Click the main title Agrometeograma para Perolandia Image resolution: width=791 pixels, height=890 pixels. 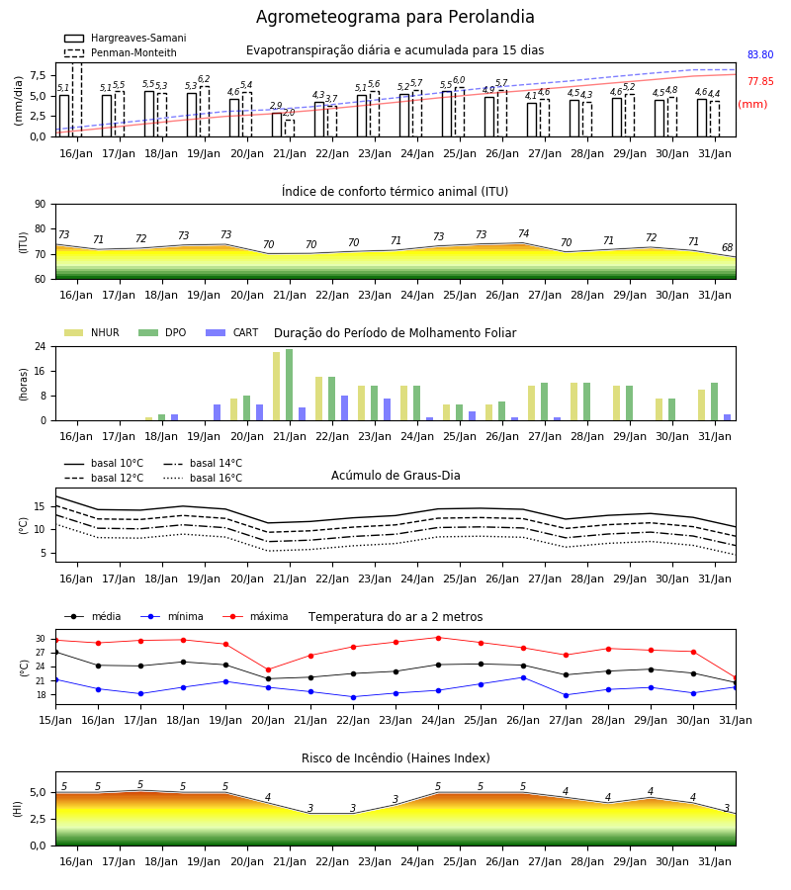(x=395, y=17)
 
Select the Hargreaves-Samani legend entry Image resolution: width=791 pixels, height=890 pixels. (x=125, y=38)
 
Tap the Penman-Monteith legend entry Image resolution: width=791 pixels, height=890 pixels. (x=121, y=52)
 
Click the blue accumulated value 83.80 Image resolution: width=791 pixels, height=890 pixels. (x=760, y=55)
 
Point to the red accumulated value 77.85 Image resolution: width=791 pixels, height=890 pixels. (x=760, y=82)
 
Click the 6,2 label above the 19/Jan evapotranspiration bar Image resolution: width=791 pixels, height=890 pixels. (x=204, y=79)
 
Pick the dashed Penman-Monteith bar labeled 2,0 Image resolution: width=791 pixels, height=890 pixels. (x=290, y=129)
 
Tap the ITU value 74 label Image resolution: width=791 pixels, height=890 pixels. (x=524, y=233)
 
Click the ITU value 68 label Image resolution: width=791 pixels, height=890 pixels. (x=728, y=247)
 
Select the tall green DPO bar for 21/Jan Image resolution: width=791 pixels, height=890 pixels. (x=290, y=385)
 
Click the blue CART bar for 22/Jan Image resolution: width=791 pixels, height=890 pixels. (x=344, y=408)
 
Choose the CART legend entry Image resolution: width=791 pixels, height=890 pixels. (x=232, y=332)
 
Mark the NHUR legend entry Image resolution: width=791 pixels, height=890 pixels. (x=91, y=332)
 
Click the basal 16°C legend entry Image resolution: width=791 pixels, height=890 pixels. (x=203, y=478)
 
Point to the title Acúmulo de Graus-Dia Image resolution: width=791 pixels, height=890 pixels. (x=395, y=476)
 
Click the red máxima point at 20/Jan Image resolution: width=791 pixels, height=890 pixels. (x=268, y=670)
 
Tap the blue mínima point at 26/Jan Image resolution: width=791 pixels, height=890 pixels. (x=523, y=677)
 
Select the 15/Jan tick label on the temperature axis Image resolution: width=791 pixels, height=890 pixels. (x=55, y=720)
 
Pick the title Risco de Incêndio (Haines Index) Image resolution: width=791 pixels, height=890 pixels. (x=395, y=758)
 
